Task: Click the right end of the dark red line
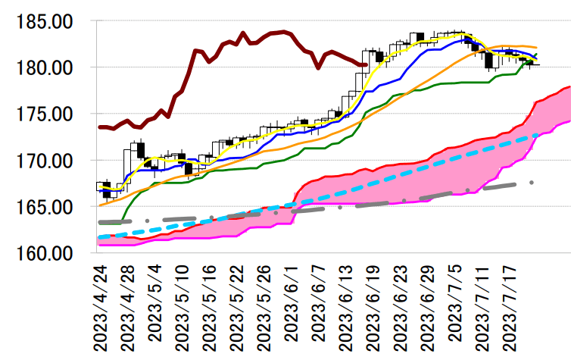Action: coord(367,65)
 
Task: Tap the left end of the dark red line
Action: coord(100,127)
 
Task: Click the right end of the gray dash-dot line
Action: coord(532,183)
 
